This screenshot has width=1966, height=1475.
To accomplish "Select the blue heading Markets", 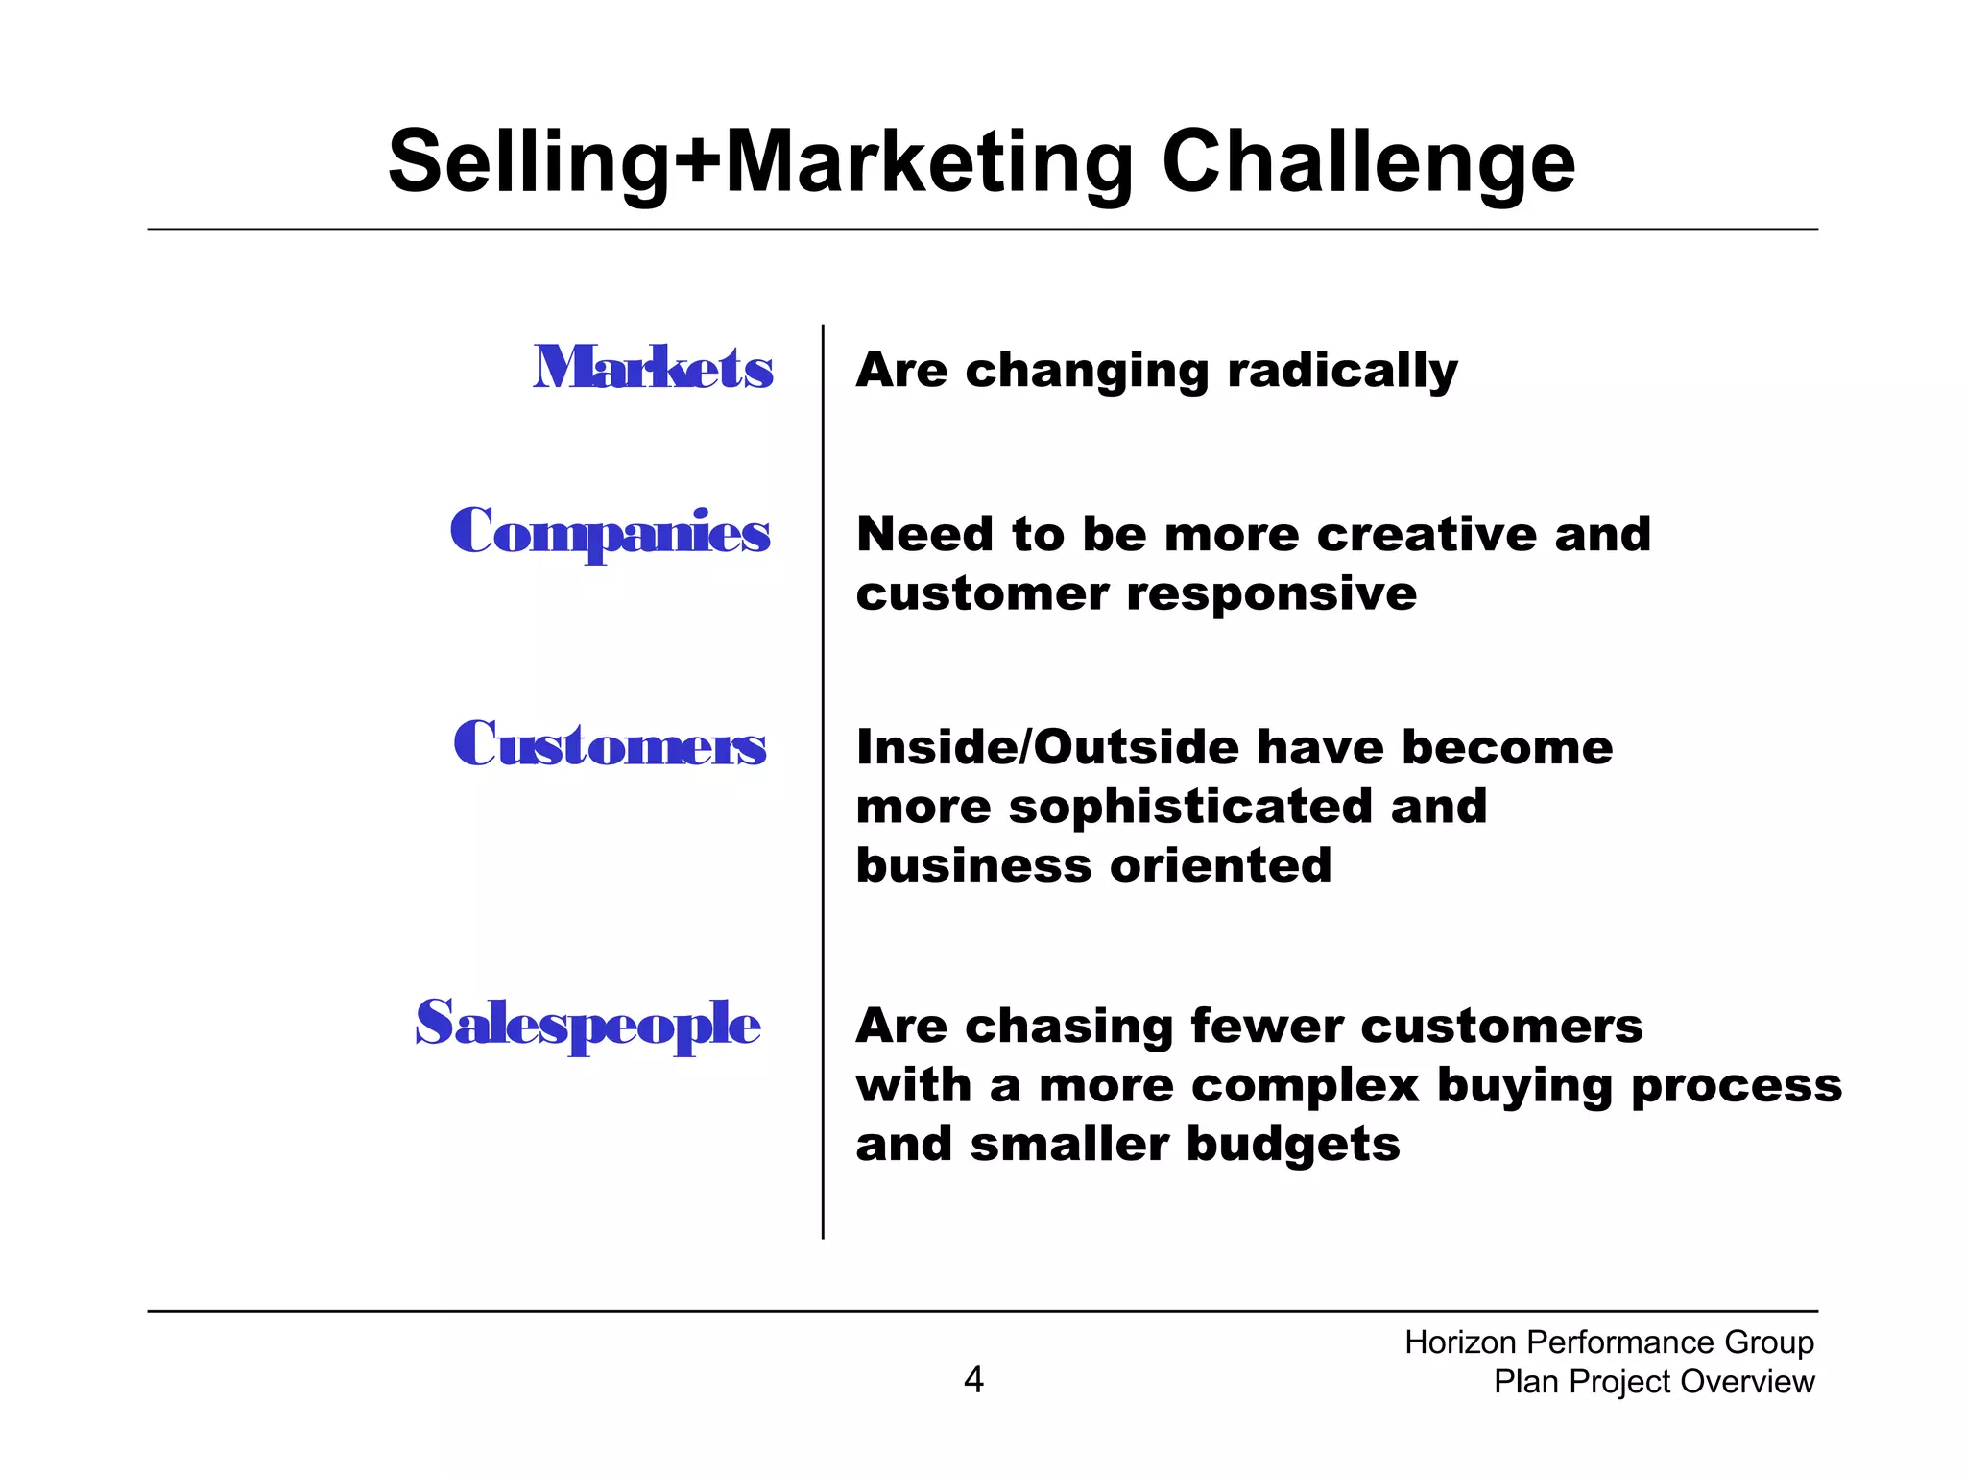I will pyautogui.click(x=653, y=368).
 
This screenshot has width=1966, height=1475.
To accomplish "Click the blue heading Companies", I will pyautogui.click(x=610, y=532).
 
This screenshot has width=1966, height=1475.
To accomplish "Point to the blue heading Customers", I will pyautogui.click(x=610, y=744).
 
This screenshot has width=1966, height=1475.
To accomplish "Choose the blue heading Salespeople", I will pyautogui.click(x=587, y=1024).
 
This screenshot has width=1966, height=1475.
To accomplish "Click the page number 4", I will pyautogui.click(x=973, y=1379).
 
